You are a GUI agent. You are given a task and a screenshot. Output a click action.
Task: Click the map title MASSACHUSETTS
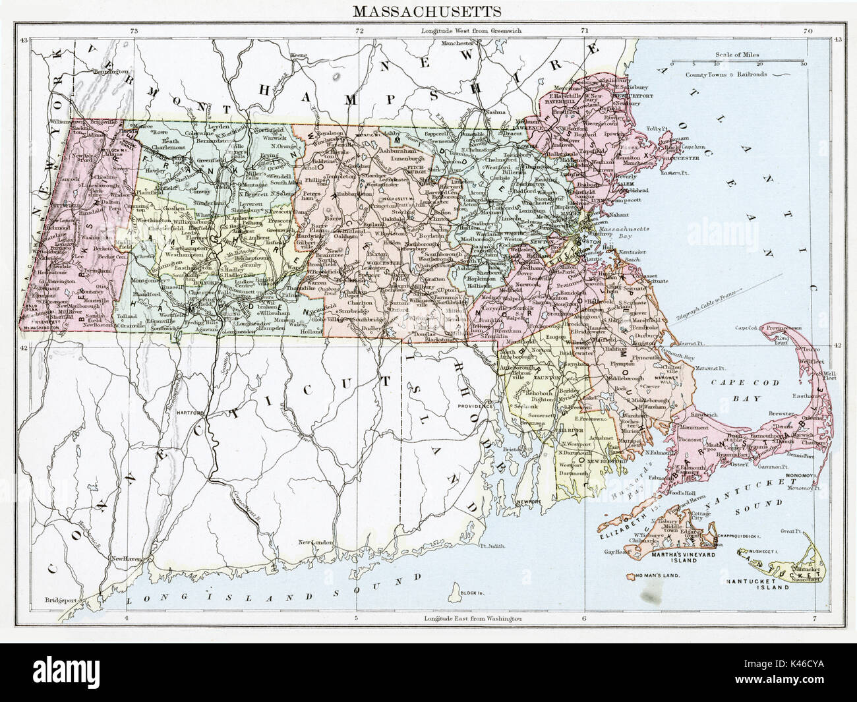pos(427,11)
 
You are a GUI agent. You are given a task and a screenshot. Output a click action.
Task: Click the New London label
pos(312,542)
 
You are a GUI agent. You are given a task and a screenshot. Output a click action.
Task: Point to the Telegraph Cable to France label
pos(709,304)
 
